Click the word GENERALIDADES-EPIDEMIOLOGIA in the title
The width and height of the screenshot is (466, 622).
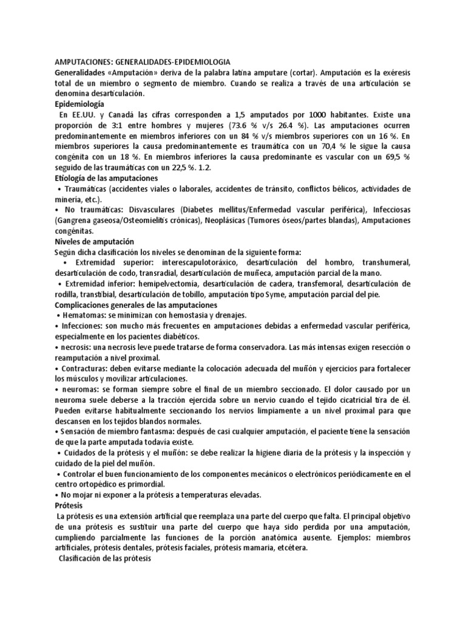[x=171, y=61]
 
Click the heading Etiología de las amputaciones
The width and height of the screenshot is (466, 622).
[x=106, y=178]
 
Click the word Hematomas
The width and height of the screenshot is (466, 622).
[x=83, y=315]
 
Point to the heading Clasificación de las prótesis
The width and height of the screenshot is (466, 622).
[x=107, y=558]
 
